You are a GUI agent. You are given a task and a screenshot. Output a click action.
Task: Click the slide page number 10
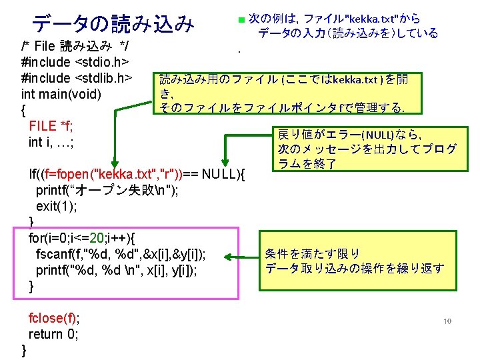click(x=447, y=321)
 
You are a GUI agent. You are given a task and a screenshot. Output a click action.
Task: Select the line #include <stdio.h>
click(x=74, y=62)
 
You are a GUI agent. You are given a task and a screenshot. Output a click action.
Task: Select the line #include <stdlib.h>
click(x=77, y=77)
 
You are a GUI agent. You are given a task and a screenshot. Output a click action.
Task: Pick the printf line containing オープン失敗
click(x=107, y=191)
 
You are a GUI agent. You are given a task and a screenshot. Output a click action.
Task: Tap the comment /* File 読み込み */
click(x=75, y=46)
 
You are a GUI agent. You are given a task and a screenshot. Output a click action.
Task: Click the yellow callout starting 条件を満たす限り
click(x=354, y=261)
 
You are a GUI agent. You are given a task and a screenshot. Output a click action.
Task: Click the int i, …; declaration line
click(x=51, y=141)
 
